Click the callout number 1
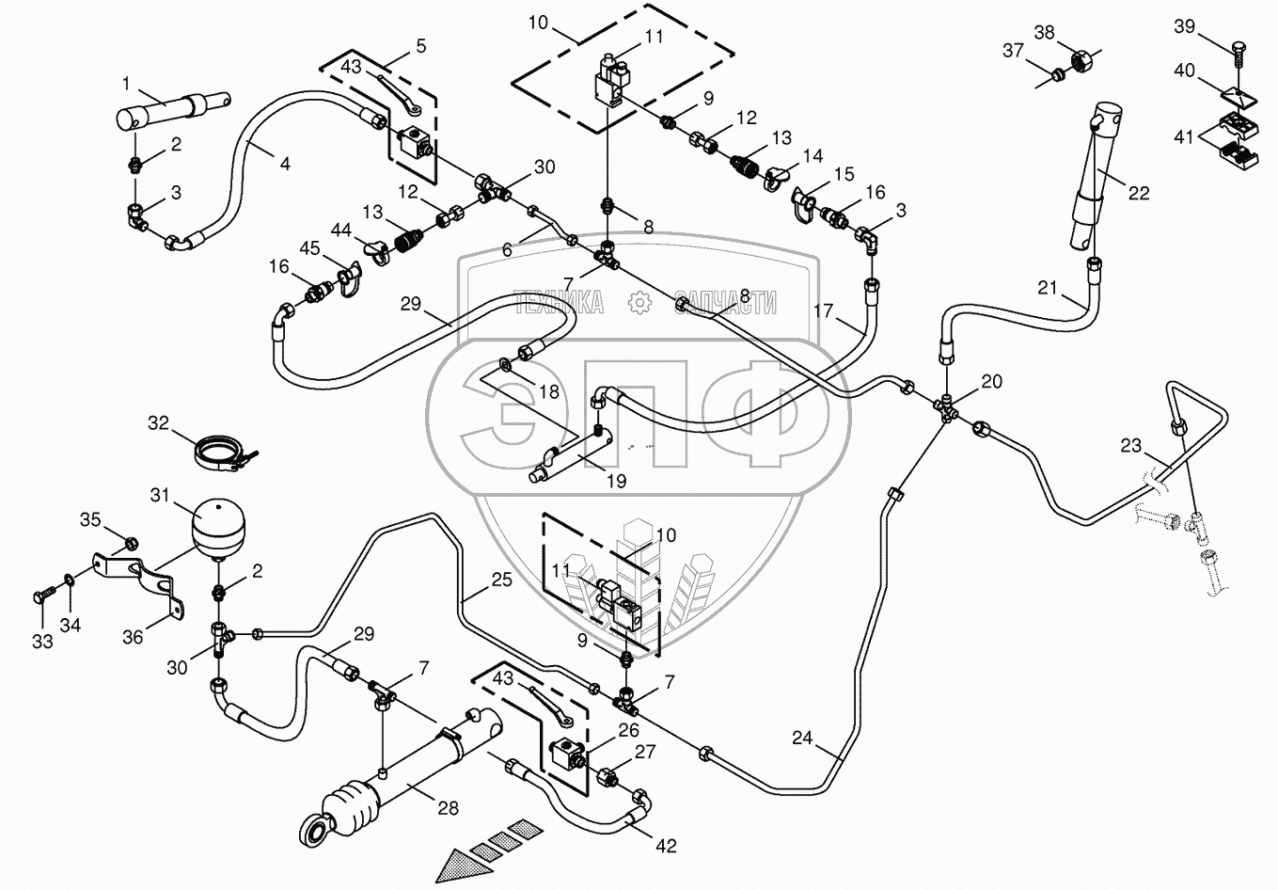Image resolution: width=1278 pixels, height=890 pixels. [126, 84]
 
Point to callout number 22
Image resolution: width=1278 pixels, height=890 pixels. [1139, 194]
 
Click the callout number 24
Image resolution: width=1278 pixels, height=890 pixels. [801, 739]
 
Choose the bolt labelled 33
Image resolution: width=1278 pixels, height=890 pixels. [44, 596]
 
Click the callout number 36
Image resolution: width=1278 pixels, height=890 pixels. [133, 638]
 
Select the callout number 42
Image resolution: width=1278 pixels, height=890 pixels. [666, 846]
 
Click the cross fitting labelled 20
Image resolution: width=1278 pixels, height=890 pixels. [947, 405]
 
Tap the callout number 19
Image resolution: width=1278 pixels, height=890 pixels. [616, 481]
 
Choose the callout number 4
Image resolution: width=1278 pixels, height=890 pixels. [284, 164]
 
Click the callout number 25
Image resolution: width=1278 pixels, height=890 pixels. [502, 580]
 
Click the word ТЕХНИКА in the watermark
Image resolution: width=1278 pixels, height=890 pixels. [559, 302]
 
